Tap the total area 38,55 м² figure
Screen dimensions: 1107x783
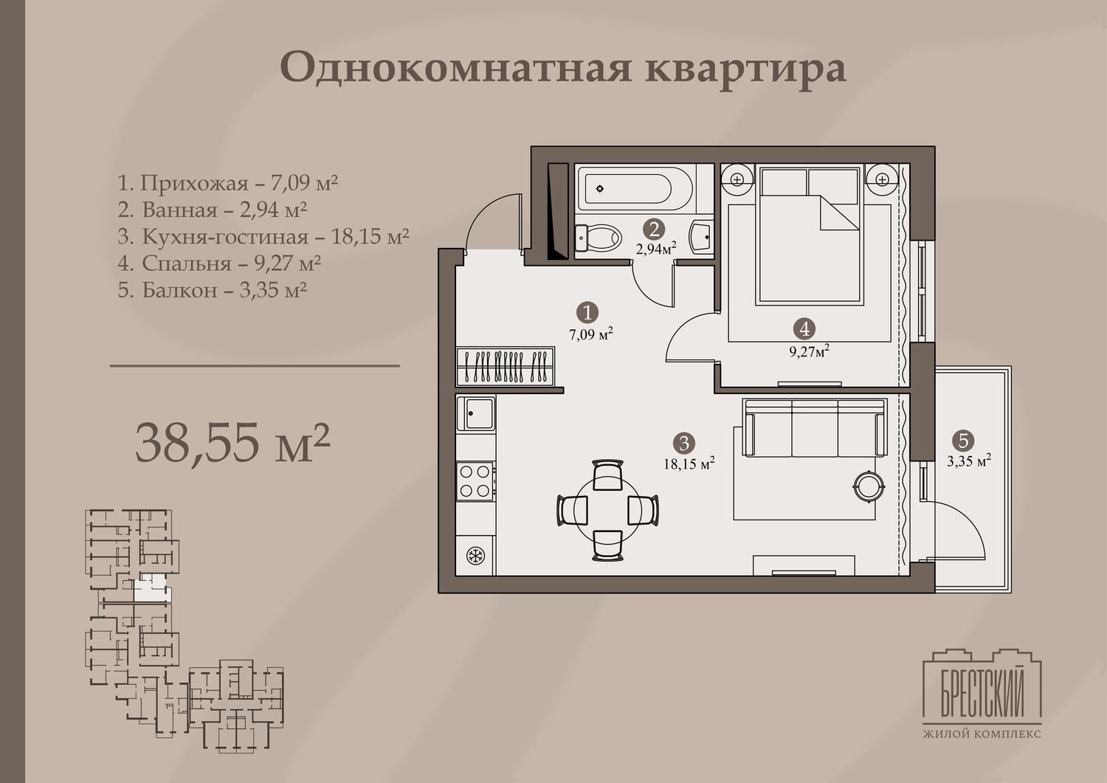click(x=232, y=442)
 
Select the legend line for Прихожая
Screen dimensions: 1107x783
click(x=227, y=183)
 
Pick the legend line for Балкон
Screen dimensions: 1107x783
click(x=212, y=290)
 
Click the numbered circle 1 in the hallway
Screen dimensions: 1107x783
click(x=587, y=312)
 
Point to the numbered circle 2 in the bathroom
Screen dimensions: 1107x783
click(x=654, y=230)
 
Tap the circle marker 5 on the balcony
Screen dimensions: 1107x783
click(x=962, y=441)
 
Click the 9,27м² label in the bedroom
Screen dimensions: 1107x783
click(x=809, y=351)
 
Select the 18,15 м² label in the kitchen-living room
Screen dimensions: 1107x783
click(x=689, y=463)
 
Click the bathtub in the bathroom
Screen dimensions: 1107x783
click(x=636, y=188)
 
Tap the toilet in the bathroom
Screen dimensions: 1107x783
click(x=598, y=238)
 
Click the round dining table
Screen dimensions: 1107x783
click(x=607, y=511)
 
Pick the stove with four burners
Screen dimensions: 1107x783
click(x=476, y=481)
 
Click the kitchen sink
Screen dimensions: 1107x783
click(x=475, y=414)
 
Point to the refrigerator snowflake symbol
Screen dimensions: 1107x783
click(x=475, y=556)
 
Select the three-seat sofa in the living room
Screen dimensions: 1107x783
click(x=815, y=427)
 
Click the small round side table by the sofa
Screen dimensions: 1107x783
click(x=869, y=486)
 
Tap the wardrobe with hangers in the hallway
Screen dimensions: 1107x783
click(x=505, y=366)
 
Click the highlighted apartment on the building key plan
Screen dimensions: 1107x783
click(x=152, y=589)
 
